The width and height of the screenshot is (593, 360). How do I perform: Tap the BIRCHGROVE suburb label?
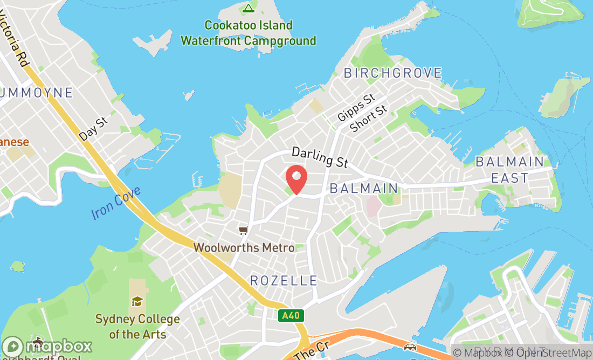(393, 73)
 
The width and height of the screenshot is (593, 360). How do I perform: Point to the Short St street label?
(369, 119)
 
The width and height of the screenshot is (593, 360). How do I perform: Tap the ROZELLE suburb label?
(284, 280)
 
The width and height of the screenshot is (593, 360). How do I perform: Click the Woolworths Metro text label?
(244, 248)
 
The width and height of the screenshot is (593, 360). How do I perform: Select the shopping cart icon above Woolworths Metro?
(244, 231)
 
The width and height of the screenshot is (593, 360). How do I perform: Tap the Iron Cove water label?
(116, 203)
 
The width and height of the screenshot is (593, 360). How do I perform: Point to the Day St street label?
(93, 129)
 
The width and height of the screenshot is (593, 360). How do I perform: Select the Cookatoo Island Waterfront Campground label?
(249, 33)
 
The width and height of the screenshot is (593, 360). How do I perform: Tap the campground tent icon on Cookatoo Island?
(248, 8)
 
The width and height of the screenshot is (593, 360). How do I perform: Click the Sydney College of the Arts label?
(137, 327)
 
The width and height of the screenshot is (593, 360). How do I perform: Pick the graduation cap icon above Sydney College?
(137, 301)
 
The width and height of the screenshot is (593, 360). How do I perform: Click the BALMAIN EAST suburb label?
(509, 170)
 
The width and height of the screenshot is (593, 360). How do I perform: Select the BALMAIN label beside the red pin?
(363, 189)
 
